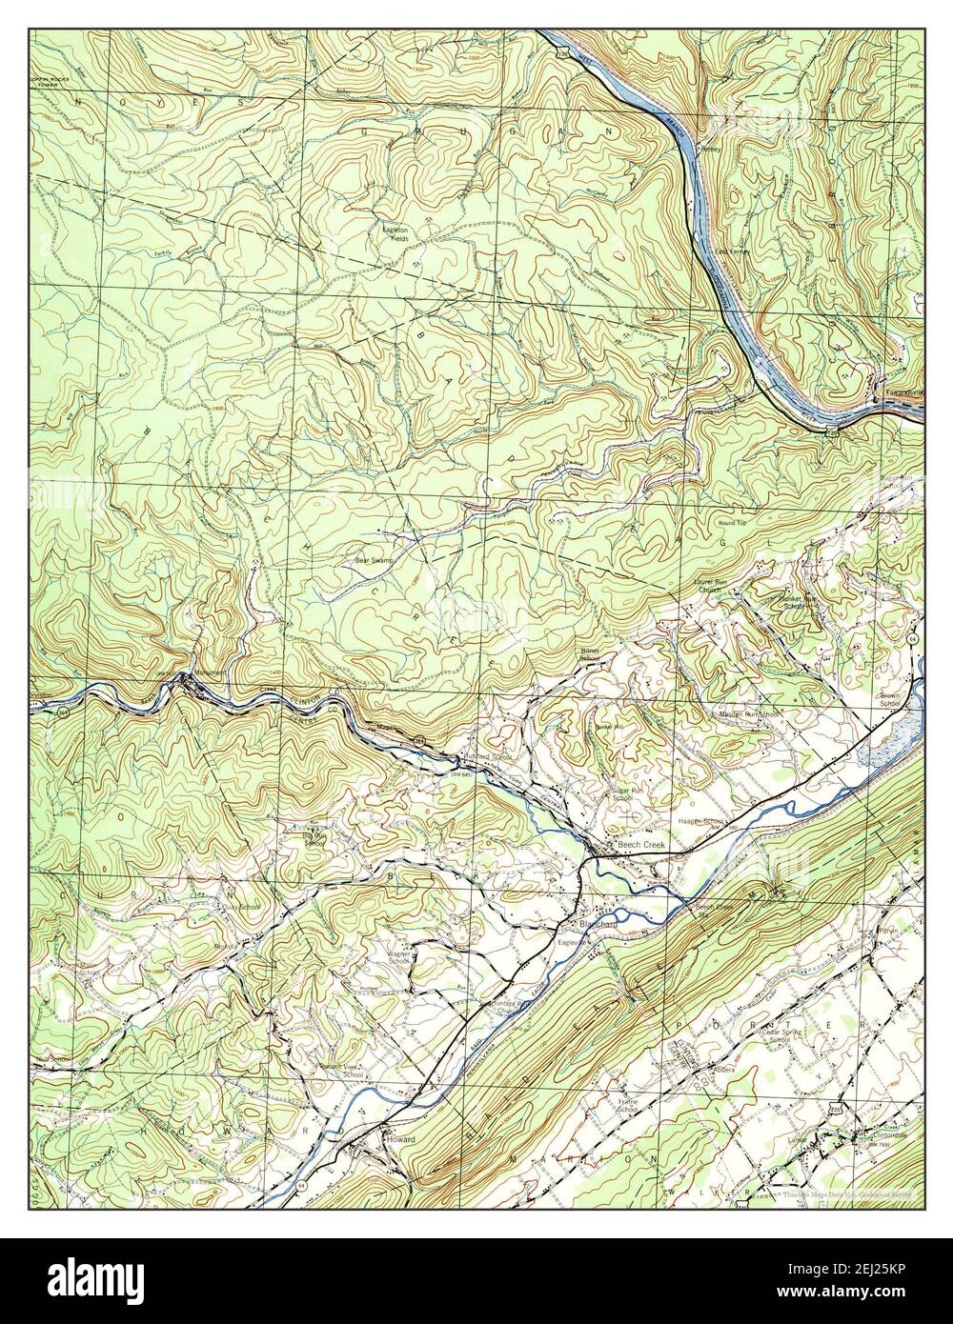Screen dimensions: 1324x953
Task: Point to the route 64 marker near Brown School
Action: (x=912, y=636)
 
